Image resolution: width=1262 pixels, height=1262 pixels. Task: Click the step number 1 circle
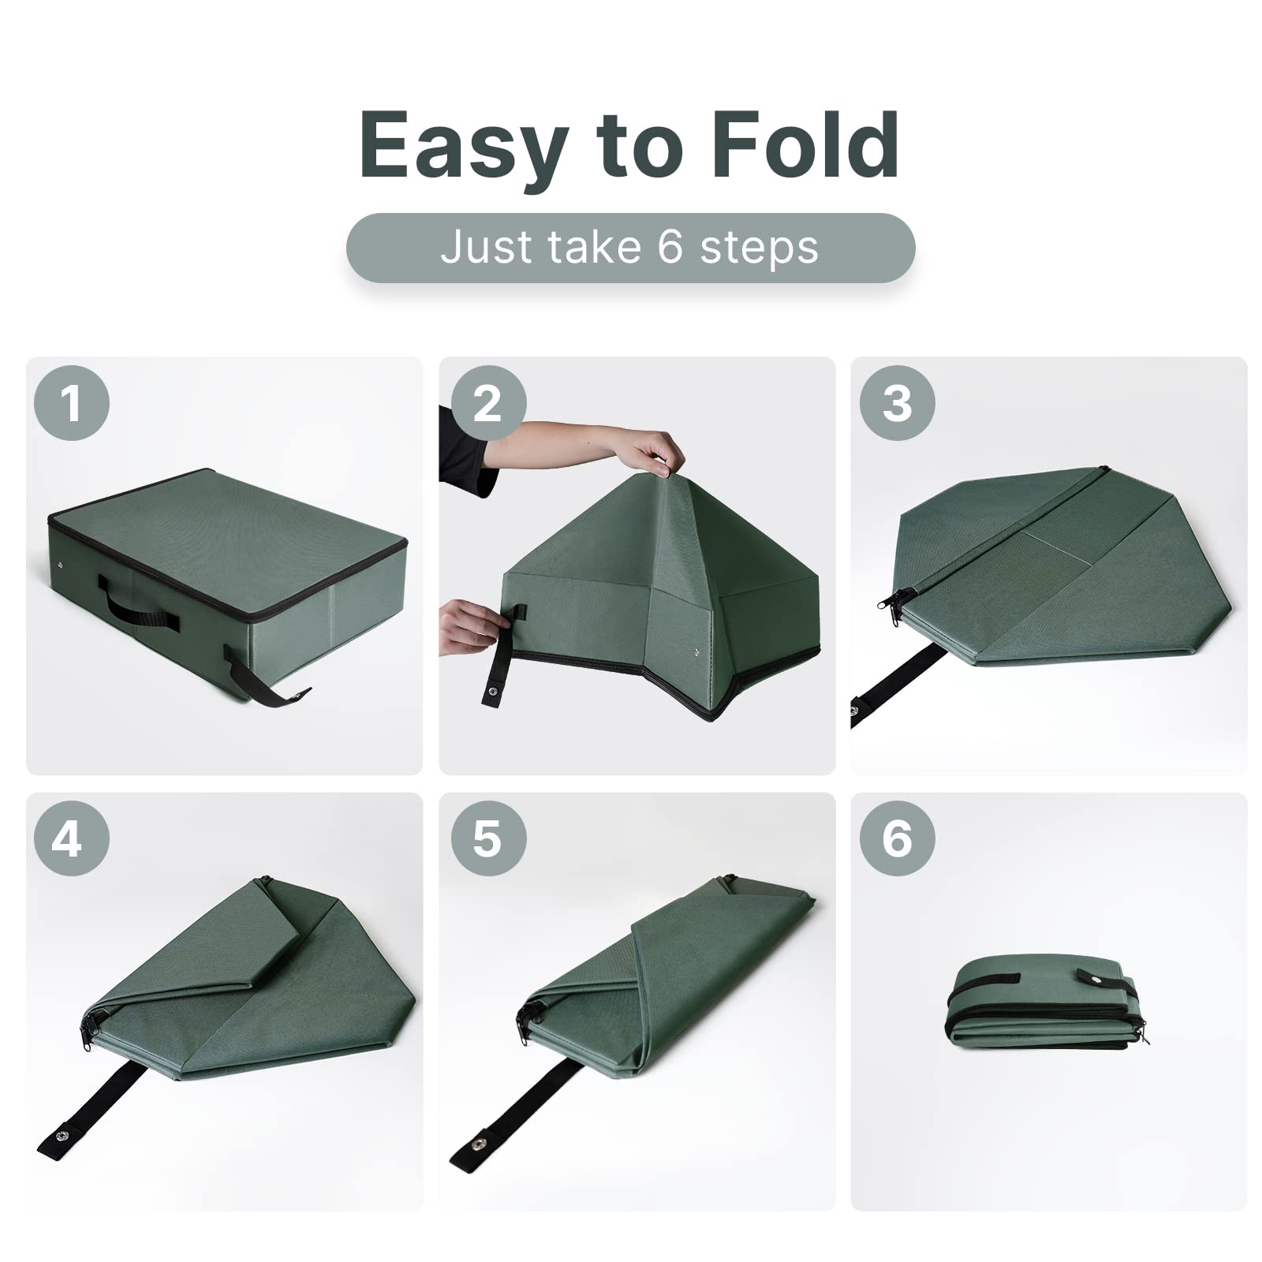pos(71,403)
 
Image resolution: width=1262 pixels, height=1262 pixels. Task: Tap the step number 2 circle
pos(487,403)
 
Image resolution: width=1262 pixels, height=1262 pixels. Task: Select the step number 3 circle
pos(897,403)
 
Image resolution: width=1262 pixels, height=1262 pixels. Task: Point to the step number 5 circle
pos(487,838)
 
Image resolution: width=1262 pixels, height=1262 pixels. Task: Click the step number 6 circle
pos(897,838)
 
